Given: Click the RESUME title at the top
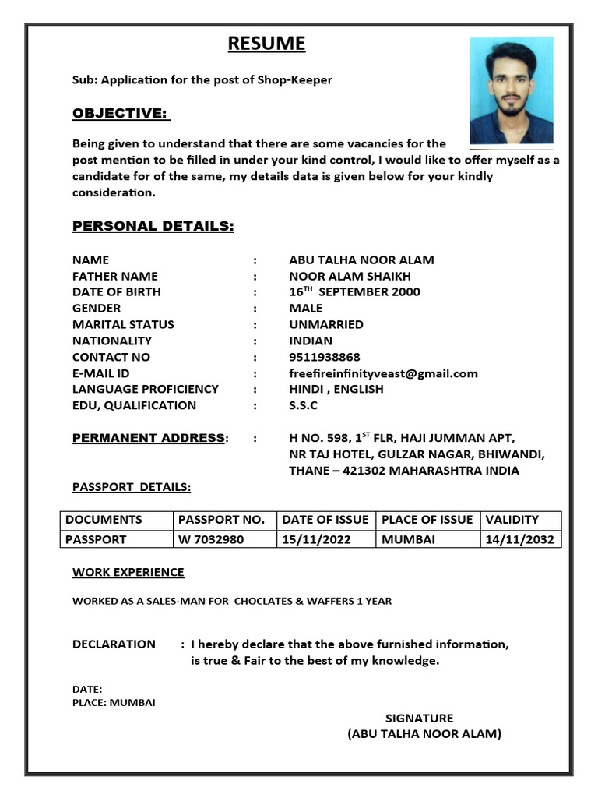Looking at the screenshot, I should (266, 44).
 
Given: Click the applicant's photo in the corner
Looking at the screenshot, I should (511, 90).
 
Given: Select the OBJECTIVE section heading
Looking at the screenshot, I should (120, 114).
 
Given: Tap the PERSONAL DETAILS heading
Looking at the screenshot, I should (153, 227).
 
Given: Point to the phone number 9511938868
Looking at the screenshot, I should (325, 357).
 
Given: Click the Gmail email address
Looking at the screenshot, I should (383, 373).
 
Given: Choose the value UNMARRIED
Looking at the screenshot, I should (325, 324).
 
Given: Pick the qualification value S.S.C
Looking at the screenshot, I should (303, 405).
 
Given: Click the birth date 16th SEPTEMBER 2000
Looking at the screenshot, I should (354, 291).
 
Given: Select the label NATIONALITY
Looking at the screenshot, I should (112, 341).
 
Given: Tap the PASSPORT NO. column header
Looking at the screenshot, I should (221, 520).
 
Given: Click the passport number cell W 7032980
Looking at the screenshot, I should (211, 539).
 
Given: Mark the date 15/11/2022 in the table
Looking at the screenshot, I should (316, 539).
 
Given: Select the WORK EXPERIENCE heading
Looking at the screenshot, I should (128, 573).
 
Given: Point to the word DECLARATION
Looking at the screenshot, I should (114, 644).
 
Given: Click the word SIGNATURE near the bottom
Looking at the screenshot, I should (419, 719).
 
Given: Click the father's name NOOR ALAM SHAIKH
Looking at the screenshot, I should (350, 276).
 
